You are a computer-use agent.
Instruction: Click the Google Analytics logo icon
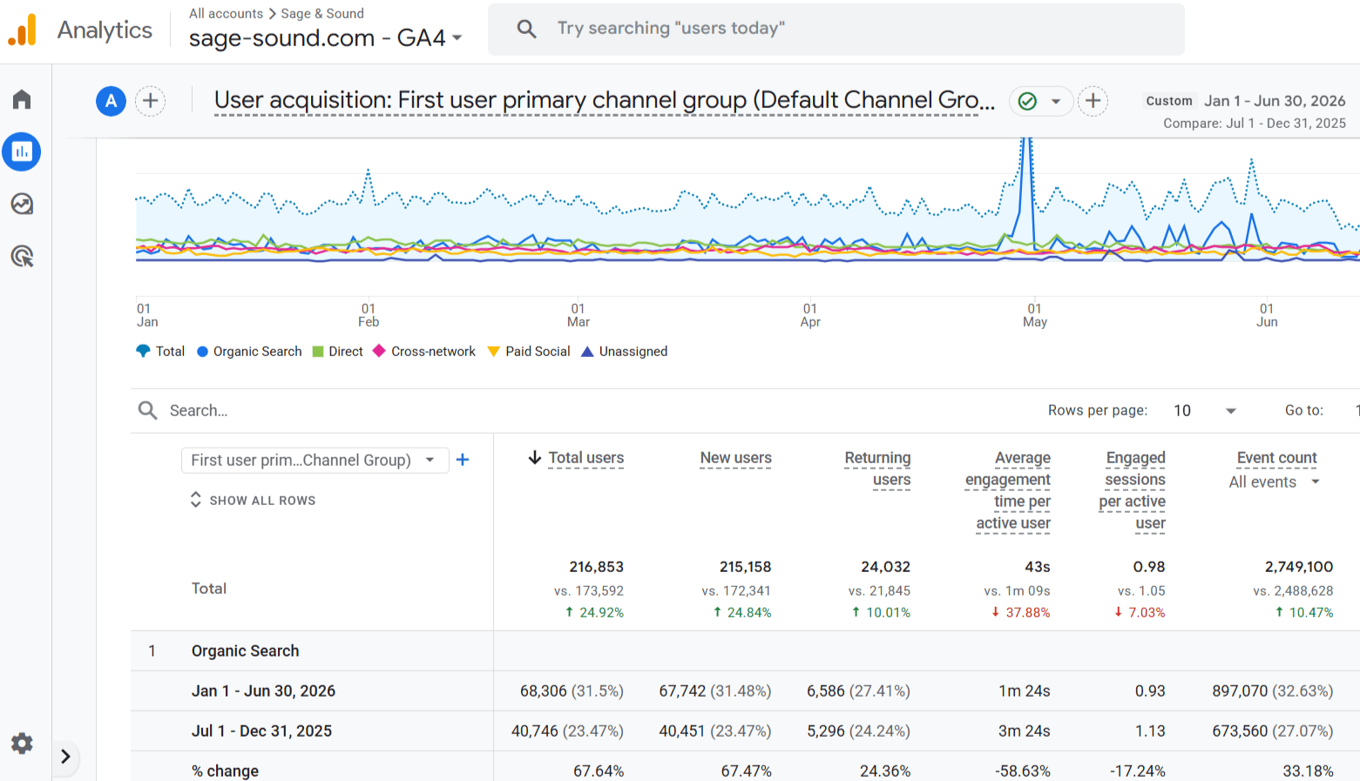[x=23, y=29]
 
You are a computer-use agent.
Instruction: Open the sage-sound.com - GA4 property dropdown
[x=326, y=38]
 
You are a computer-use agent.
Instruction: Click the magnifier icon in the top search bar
[x=526, y=29]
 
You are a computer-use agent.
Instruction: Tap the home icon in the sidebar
[x=22, y=99]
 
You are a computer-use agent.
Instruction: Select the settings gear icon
[x=22, y=743]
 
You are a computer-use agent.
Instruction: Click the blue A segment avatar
[x=111, y=101]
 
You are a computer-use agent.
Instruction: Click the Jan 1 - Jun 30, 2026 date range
[x=1275, y=101]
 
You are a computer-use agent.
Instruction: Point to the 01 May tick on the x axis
[x=1034, y=315]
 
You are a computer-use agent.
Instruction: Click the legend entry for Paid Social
[x=529, y=352]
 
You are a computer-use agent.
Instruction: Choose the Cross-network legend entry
[x=423, y=352]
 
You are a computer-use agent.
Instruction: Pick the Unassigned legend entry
[x=624, y=352]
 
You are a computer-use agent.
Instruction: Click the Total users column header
[x=585, y=458]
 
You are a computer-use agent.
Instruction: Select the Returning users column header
[x=877, y=468]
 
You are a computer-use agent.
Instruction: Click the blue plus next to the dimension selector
[x=463, y=460]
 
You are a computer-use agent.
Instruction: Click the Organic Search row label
[x=246, y=650]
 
